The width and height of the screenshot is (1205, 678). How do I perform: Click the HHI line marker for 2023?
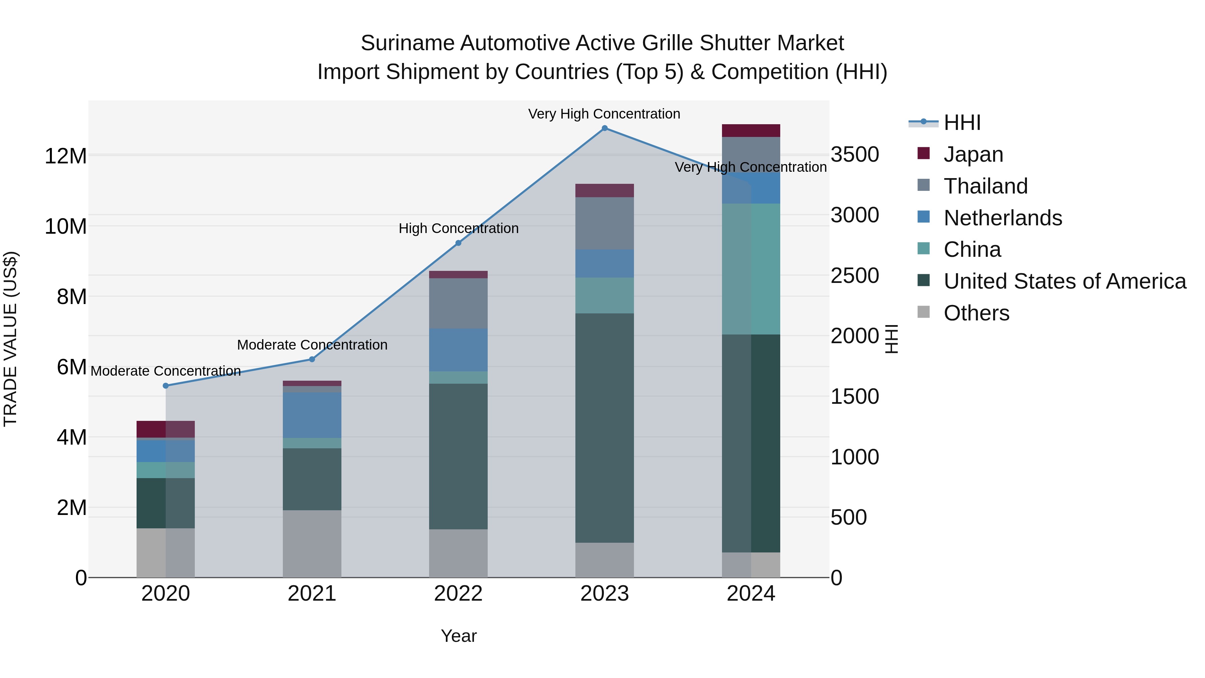[x=605, y=128]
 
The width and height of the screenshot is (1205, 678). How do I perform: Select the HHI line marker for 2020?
[x=166, y=386]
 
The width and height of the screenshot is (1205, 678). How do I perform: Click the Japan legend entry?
[x=973, y=154]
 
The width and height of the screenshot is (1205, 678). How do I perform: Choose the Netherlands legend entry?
[x=1002, y=218]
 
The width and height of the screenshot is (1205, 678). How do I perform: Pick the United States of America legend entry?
[x=1064, y=281]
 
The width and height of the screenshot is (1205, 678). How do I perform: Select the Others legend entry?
[x=976, y=313]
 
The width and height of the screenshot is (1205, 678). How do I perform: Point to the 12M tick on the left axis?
[x=66, y=156]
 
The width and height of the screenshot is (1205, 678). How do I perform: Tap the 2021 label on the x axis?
[x=312, y=594]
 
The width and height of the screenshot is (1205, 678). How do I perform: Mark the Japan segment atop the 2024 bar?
[x=751, y=131]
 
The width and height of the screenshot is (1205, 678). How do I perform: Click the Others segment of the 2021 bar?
[x=312, y=543]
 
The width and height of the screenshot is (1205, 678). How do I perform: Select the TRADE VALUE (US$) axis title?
[x=10, y=339]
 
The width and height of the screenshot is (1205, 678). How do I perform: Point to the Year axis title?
[x=459, y=636]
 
